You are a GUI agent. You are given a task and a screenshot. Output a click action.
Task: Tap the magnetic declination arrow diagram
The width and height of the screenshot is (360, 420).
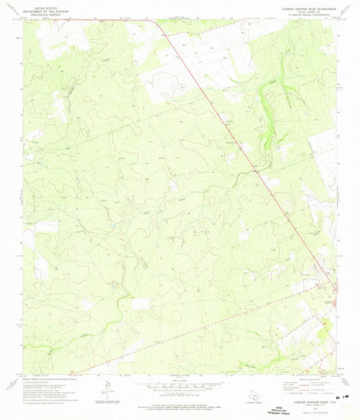[107, 386]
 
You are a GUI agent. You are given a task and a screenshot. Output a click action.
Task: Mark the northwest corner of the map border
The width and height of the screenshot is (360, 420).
[24, 19]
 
